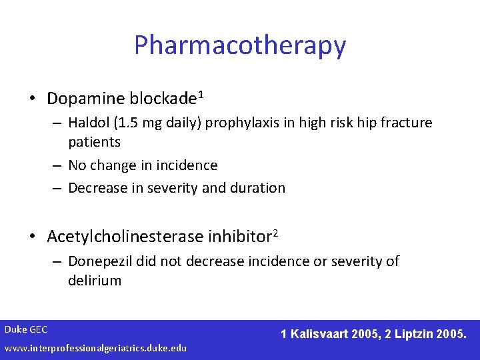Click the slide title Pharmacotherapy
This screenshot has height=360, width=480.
click(x=240, y=45)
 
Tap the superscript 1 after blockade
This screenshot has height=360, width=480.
click(x=200, y=95)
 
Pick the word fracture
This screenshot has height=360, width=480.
click(x=408, y=123)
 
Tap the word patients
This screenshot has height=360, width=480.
click(x=94, y=142)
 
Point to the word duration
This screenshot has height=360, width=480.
click(x=257, y=188)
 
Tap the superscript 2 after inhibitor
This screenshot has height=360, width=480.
click(x=275, y=233)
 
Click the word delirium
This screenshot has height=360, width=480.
click(x=95, y=280)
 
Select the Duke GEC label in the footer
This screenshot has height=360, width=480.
click(x=26, y=329)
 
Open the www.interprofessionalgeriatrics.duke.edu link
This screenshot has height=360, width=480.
click(x=95, y=348)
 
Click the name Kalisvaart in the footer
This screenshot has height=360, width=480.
click(x=321, y=333)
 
